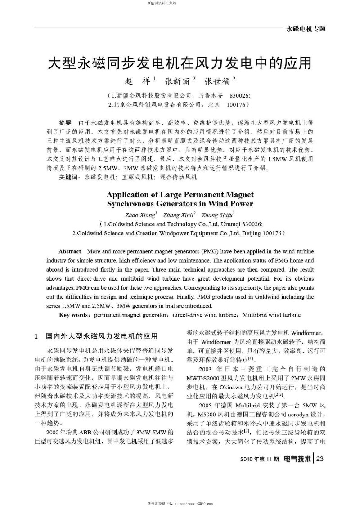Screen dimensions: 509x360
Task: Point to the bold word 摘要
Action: tap(66, 123)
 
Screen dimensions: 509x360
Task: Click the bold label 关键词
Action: tap(68, 177)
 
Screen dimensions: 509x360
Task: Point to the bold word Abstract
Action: tap(70, 251)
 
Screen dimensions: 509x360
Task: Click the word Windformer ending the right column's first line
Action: tap(304, 333)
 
